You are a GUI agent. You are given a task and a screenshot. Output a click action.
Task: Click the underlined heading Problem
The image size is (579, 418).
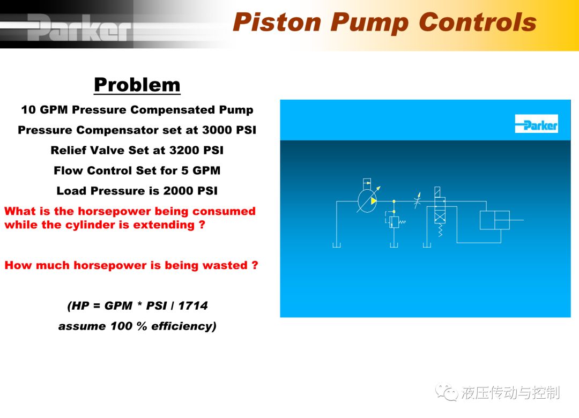coord(137,85)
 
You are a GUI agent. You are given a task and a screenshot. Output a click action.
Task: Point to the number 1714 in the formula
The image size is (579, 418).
coord(193,306)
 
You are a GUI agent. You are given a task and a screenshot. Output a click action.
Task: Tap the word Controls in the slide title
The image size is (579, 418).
coord(478,22)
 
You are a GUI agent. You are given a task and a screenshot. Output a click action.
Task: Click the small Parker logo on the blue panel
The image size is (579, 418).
coord(537,124)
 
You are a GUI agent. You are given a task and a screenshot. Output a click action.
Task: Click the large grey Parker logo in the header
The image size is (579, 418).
coord(79,27)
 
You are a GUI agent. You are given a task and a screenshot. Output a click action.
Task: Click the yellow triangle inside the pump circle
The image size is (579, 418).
coord(373,201)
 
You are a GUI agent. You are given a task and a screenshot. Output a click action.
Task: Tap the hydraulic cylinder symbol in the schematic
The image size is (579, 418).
coord(495,220)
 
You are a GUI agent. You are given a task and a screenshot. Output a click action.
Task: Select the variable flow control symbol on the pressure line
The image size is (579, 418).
coord(418,200)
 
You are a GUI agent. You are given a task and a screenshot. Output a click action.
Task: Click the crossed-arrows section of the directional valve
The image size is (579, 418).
coord(440,217)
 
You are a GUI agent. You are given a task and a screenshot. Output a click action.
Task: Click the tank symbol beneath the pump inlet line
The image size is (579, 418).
coord(336,245)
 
